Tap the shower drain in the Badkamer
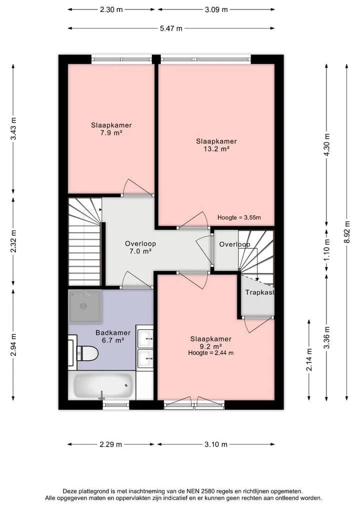pyautogui.click(x=83, y=306)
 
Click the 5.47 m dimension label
pyautogui.click(x=171, y=28)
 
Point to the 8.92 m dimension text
pyautogui.click(x=347, y=232)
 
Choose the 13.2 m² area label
pyautogui.click(x=216, y=149)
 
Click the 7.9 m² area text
pyautogui.click(x=111, y=133)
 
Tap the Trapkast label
pyautogui.click(x=259, y=293)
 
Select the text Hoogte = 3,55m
pyautogui.click(x=239, y=218)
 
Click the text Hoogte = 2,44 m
pyautogui.click(x=211, y=353)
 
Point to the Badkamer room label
pyautogui.click(x=113, y=333)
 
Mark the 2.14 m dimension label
pyautogui.click(x=309, y=360)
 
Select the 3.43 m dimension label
pyautogui.click(x=13, y=128)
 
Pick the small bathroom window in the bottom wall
pyautogui.click(x=116, y=404)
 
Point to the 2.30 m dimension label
pyautogui.click(x=111, y=9)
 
